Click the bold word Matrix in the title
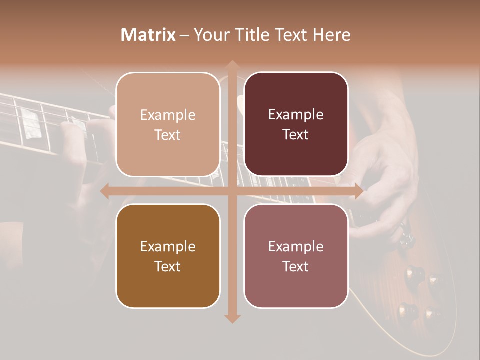[x=148, y=35]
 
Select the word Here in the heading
[x=331, y=35]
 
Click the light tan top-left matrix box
[x=168, y=124]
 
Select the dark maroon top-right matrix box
[x=296, y=124]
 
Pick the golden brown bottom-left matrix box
[x=168, y=256]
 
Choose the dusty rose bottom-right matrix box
[x=296, y=256]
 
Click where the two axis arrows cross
[x=232, y=191]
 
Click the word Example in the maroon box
[x=296, y=115]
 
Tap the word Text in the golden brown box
[x=168, y=266]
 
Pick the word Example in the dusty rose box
[x=296, y=246]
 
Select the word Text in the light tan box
[x=168, y=135]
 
